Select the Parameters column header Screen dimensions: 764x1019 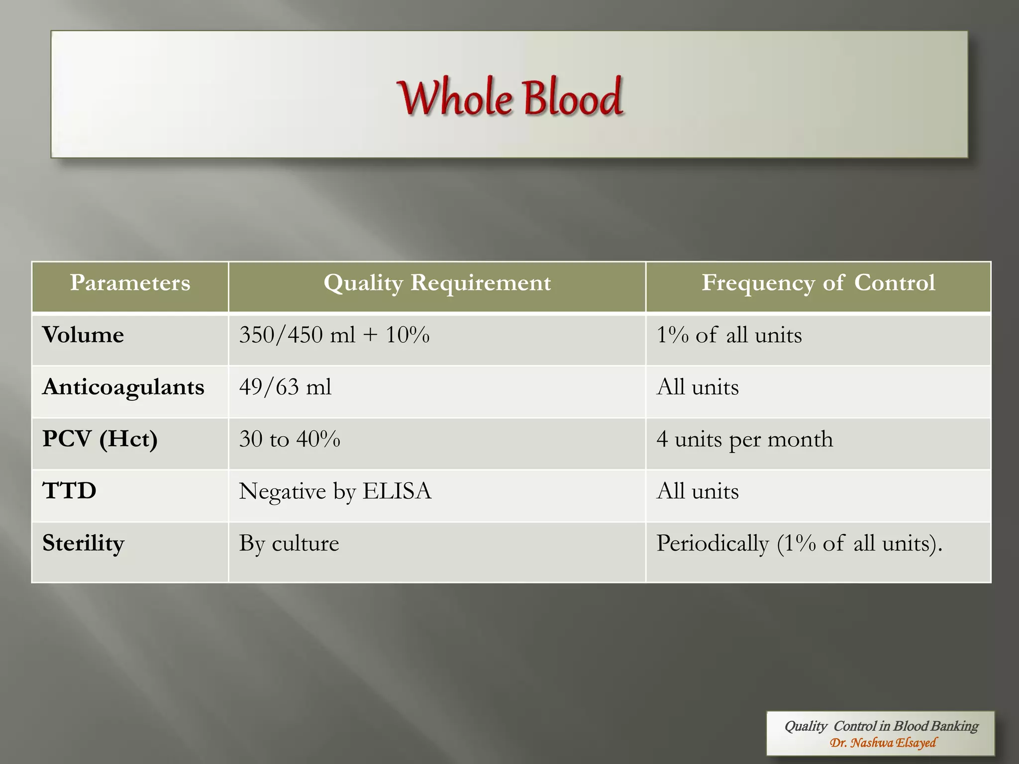point(130,283)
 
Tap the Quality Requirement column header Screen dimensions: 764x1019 point(437,283)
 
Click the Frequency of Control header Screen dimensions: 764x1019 point(818,283)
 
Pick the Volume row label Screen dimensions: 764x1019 point(83,335)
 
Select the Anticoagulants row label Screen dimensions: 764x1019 point(123,387)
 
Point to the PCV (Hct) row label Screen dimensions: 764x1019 point(100,439)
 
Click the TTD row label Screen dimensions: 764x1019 point(69,491)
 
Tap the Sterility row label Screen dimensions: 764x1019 point(83,543)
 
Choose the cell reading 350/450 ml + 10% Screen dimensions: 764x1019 point(334,335)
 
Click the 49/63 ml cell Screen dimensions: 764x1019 point(285,387)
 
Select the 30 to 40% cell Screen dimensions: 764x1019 point(290,439)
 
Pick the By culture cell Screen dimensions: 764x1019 point(289,543)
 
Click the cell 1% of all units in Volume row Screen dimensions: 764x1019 point(729,335)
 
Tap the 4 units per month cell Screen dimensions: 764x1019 point(744,439)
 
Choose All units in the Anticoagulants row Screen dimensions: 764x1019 point(698,387)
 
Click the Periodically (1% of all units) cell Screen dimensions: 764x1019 point(799,543)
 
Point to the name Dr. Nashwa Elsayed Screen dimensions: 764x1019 point(883,743)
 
